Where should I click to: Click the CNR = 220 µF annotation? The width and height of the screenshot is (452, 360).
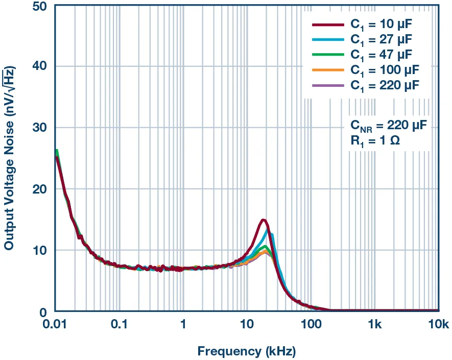click(388, 125)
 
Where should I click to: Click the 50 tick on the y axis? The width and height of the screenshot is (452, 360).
click(40, 6)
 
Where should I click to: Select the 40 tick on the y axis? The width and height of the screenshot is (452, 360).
click(40, 66)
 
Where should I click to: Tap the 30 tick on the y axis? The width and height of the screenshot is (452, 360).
click(40, 128)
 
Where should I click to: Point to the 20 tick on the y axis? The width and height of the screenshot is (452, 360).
click(40, 189)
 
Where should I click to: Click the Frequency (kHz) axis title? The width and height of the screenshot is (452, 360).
click(246, 351)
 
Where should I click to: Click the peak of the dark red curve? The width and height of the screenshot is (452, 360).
click(264, 220)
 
